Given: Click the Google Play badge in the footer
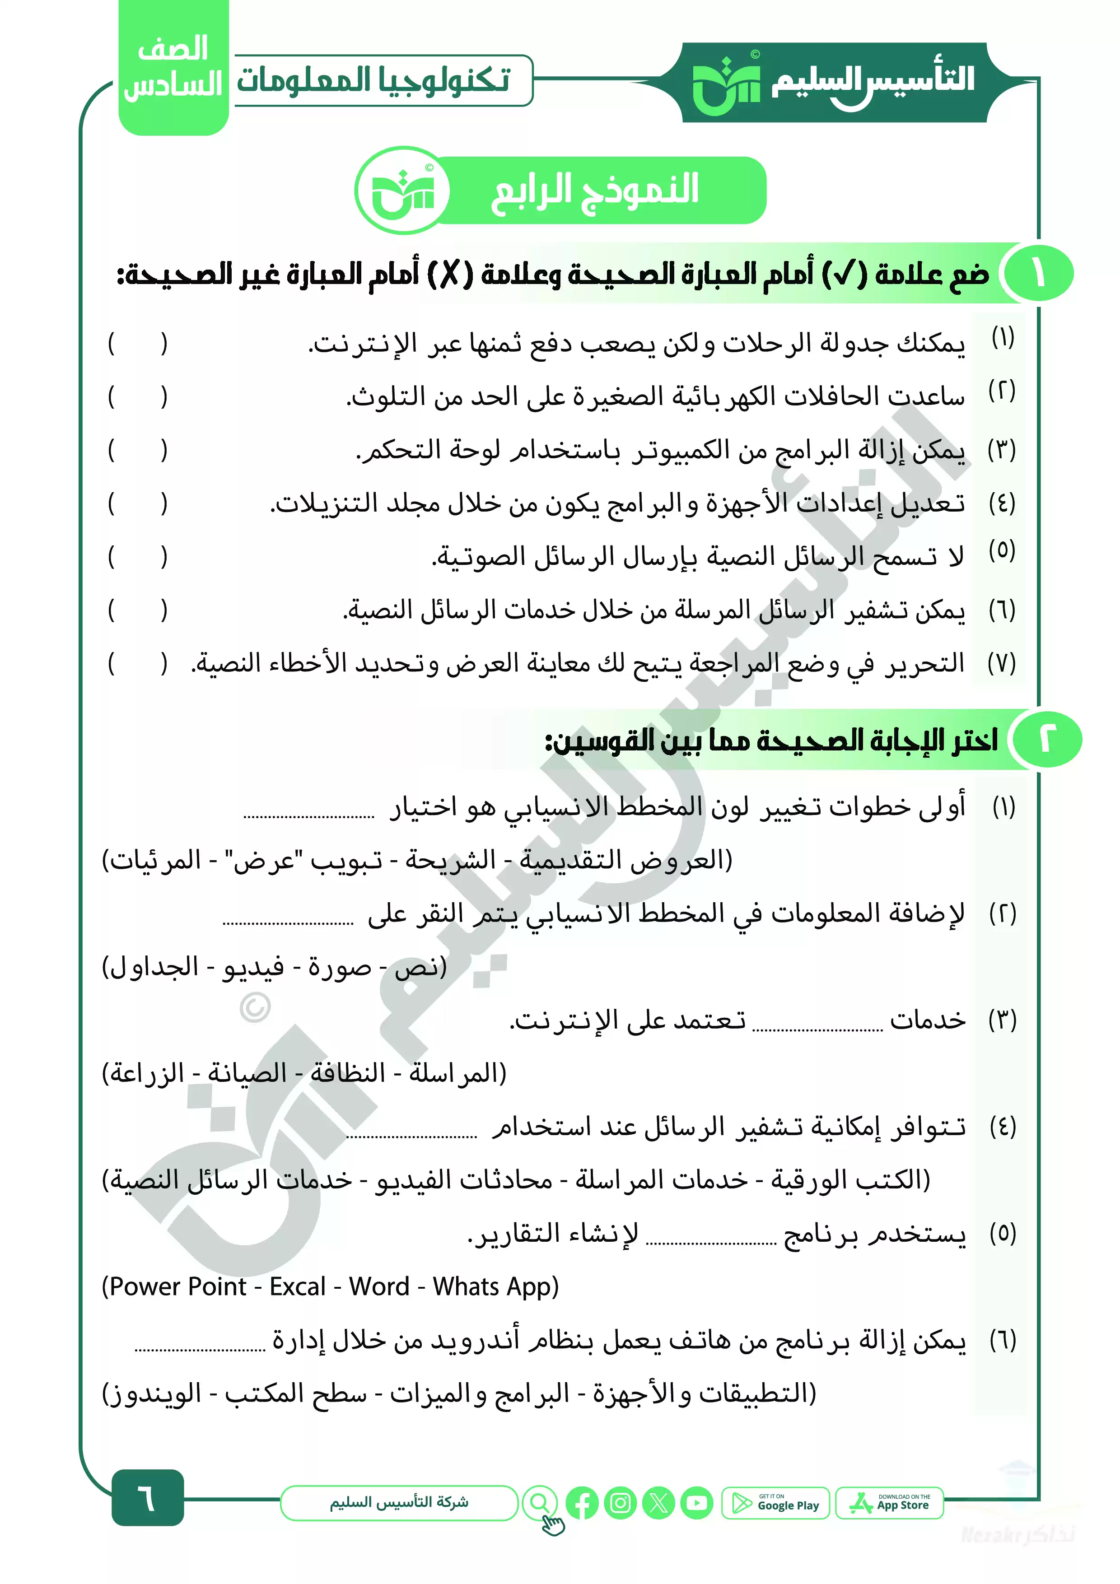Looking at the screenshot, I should pos(776,1503).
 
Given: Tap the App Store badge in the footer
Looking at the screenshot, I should pos(889,1503).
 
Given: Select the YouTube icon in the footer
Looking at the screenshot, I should pos(696,1503).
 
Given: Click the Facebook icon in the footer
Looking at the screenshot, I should pos(582,1503).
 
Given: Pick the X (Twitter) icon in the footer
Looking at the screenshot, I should pos(658,1503).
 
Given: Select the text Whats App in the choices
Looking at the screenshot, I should pos(490,1286).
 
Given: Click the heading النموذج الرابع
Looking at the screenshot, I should pos(594,190).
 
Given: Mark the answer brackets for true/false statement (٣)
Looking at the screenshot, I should pos(137,450).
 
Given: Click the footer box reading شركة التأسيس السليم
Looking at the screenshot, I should pos(399,1503).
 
